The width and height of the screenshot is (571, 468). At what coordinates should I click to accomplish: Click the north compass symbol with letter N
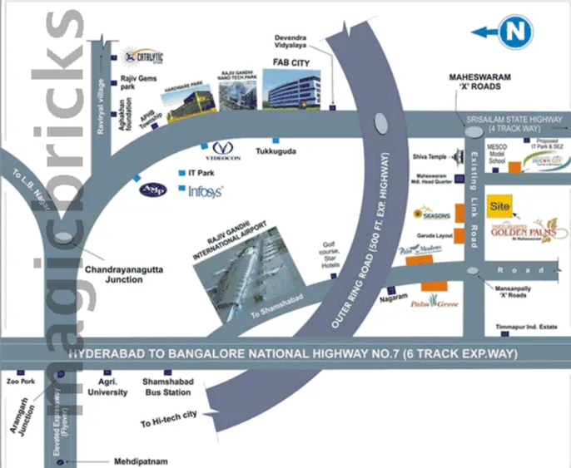(516, 32)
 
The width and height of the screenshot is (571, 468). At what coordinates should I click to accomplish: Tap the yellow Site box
(499, 204)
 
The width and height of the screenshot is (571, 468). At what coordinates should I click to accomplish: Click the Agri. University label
(112, 386)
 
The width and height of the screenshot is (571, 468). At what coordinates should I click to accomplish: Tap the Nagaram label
(392, 297)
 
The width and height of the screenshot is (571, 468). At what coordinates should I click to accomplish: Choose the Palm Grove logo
(433, 304)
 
